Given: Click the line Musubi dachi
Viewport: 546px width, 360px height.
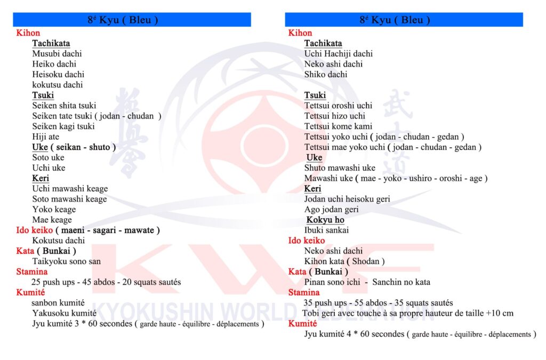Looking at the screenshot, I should [57, 54].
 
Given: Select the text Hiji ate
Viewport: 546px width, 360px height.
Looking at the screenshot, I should [46, 137].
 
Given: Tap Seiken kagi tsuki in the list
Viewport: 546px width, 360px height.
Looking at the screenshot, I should [63, 126].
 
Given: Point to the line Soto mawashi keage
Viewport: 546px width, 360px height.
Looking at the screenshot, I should [69, 199].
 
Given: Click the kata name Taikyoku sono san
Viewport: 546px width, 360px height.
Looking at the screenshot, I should [67, 261].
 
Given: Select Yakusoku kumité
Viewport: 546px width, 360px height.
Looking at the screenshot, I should [64, 314].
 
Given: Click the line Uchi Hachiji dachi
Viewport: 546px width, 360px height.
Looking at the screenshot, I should [339, 54].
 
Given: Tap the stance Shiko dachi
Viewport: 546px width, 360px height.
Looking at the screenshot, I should [326, 75].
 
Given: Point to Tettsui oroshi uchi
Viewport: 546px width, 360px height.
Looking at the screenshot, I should [338, 106].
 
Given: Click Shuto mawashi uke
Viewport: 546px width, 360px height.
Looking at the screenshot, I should [340, 168].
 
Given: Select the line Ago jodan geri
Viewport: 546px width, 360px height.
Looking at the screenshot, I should [332, 210].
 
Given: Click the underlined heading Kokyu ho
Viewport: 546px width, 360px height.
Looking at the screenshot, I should [326, 220].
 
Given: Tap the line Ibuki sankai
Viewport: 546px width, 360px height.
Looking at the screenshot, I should [326, 230].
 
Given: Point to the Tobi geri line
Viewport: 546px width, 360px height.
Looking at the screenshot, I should [407, 314].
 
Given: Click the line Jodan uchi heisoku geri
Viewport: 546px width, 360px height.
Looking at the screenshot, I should [347, 199].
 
